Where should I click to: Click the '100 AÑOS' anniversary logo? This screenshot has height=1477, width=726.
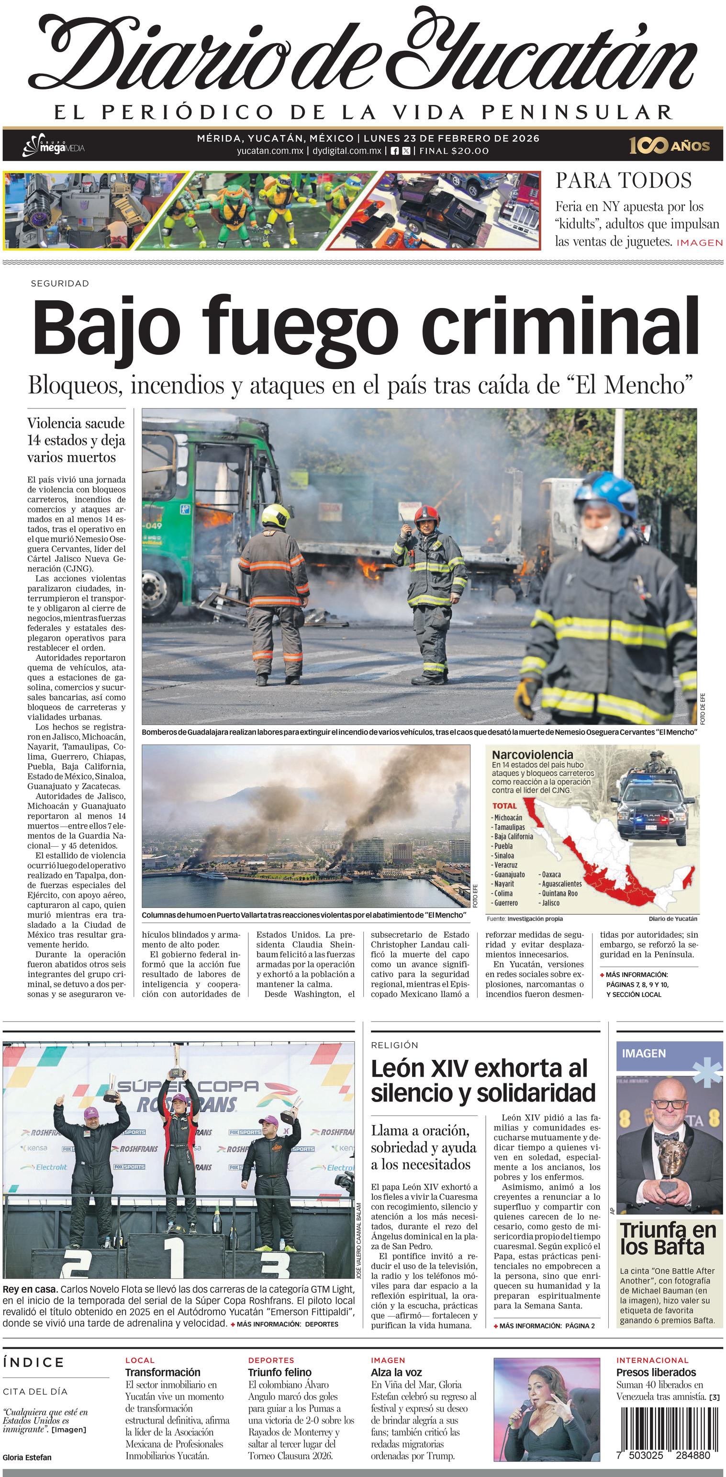tap(669, 146)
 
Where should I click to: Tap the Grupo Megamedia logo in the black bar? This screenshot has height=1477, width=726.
tap(53, 146)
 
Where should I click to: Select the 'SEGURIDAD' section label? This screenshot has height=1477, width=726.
tap(60, 283)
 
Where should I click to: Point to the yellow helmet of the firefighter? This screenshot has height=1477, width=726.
tap(276, 515)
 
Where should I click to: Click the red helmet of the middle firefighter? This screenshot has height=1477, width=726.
tap(426, 514)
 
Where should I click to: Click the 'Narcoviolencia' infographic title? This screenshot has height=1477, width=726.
tap(532, 755)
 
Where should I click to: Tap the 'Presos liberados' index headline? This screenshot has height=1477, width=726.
tap(656, 1372)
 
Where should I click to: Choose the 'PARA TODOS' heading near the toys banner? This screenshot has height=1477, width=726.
tap(623, 181)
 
